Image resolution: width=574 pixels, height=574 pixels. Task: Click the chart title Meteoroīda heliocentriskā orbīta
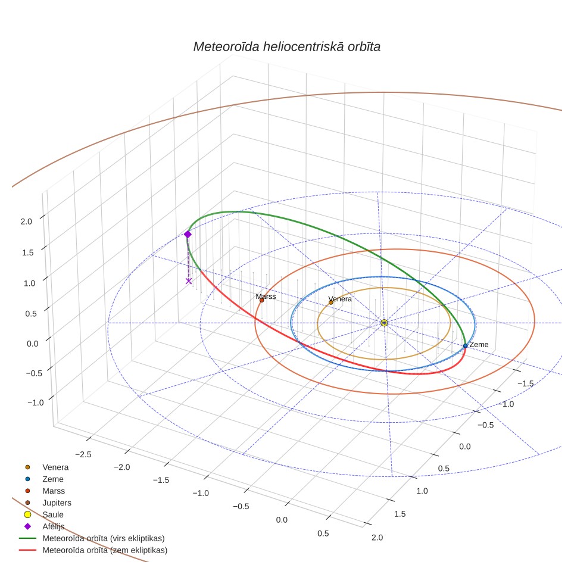pos(286,47)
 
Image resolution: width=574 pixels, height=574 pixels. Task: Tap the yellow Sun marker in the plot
pos(384,323)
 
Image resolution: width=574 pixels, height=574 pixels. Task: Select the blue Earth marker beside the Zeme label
pos(465,345)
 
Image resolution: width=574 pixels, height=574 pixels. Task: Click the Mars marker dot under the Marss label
pos(262,300)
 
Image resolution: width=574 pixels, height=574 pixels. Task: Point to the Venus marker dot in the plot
pos(331,302)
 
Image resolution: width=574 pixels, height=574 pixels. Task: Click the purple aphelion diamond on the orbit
pos(188,234)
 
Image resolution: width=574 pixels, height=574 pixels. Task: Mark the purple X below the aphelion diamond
pos(189,281)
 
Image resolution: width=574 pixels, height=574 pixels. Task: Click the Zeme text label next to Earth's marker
pos(479,345)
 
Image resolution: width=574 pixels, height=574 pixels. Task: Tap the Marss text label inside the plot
pos(266,296)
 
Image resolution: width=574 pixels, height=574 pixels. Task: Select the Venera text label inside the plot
pos(340,299)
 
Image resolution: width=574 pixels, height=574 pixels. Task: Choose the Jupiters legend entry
pos(48,503)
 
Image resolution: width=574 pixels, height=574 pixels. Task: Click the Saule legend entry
pos(43,514)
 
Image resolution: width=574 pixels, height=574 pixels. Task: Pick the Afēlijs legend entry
pos(44,526)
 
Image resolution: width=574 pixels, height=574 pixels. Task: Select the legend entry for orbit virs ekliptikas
pos(92,538)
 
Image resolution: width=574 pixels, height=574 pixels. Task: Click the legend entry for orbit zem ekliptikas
pos(93,550)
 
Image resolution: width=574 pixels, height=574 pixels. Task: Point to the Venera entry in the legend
pos(46,467)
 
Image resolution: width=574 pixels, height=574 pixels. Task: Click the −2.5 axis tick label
pos(83,454)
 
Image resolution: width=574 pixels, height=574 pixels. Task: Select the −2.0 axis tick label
pos(121,467)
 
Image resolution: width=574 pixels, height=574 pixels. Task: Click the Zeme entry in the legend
pos(44,479)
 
